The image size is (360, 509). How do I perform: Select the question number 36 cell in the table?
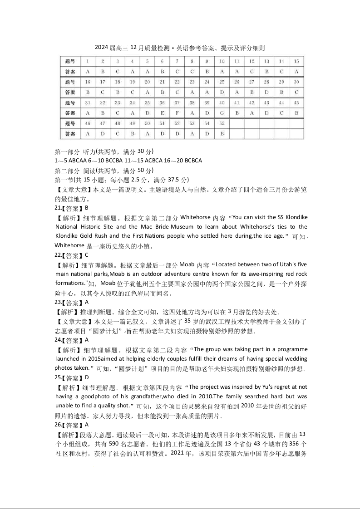click(x=162, y=103)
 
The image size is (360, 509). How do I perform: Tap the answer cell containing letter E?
click(x=162, y=113)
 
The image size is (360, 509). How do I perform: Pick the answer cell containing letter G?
click(x=222, y=113)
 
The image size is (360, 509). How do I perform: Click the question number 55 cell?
click(x=222, y=123)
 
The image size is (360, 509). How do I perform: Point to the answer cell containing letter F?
click(x=177, y=113)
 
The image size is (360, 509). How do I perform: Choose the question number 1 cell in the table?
click(x=88, y=61)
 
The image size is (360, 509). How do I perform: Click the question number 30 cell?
click(x=296, y=82)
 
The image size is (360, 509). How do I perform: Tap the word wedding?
click(x=292, y=358)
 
